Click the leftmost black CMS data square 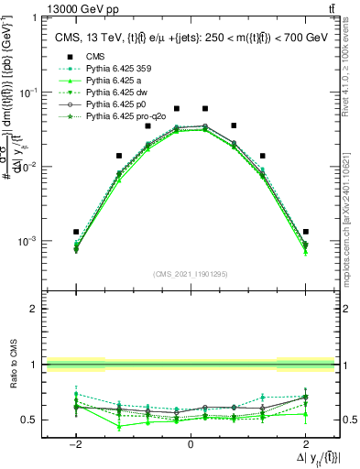(x=76, y=232)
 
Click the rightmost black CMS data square (x=305, y=232)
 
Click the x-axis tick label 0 (x=191, y=443)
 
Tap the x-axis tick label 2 (x=305, y=443)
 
